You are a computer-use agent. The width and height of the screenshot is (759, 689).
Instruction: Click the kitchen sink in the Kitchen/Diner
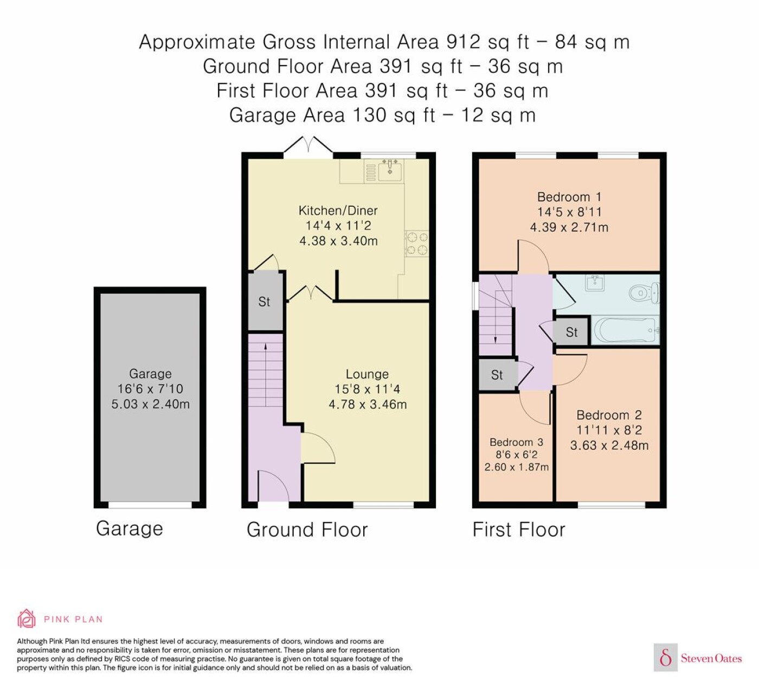point(390,170)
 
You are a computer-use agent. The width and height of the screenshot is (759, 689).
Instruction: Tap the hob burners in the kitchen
point(416,244)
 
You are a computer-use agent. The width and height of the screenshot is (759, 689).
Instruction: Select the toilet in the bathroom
point(644,292)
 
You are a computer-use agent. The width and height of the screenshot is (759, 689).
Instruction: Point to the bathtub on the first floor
point(626,330)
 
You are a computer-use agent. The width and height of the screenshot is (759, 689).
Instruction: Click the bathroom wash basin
point(594,283)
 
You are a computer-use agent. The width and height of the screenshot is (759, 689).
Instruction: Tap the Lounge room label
point(367,374)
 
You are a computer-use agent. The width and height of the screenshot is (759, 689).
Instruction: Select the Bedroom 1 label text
point(569,197)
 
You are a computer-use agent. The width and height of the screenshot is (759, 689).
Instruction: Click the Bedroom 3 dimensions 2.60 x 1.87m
point(517,467)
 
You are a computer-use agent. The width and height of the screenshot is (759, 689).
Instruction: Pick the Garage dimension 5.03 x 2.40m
point(150,404)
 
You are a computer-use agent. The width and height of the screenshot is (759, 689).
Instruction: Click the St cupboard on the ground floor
point(265,302)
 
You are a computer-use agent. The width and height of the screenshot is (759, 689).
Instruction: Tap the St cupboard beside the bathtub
point(571,332)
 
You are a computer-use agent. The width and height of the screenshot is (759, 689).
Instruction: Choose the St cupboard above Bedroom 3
point(497,375)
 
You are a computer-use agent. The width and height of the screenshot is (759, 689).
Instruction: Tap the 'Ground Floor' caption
point(307,529)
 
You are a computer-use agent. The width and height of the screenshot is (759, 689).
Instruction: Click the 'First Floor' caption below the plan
point(519,529)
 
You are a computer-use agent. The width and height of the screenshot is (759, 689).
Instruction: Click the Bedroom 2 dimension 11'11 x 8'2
point(609,430)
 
